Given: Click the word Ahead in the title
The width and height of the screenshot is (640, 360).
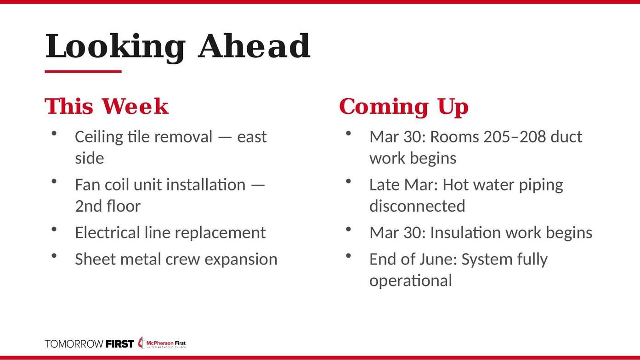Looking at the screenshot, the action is (254, 45).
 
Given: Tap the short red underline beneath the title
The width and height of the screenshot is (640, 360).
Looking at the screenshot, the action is (83, 71).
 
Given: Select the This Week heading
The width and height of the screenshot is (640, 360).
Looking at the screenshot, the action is (107, 106).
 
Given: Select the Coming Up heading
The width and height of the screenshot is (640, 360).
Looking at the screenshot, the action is (404, 107).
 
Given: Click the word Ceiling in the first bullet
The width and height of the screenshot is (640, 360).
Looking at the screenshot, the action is (99, 137).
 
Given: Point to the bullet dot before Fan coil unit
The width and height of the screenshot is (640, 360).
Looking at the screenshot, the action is (54, 181).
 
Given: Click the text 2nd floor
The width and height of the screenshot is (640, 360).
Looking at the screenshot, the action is (108, 206).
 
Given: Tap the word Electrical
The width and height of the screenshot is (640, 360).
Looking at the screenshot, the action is (108, 232).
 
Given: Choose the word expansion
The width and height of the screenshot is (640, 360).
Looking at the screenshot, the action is (241, 260).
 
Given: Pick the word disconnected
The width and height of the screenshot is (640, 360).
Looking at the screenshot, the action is (418, 206).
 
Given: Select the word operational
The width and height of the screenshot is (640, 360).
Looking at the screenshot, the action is (411, 281).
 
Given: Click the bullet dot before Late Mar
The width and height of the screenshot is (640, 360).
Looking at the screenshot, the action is (348, 181).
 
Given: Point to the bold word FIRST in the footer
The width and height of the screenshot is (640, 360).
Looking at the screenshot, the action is (120, 344).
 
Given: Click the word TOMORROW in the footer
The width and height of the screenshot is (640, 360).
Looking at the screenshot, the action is (74, 344).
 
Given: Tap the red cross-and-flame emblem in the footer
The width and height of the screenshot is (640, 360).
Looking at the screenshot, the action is (141, 343).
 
